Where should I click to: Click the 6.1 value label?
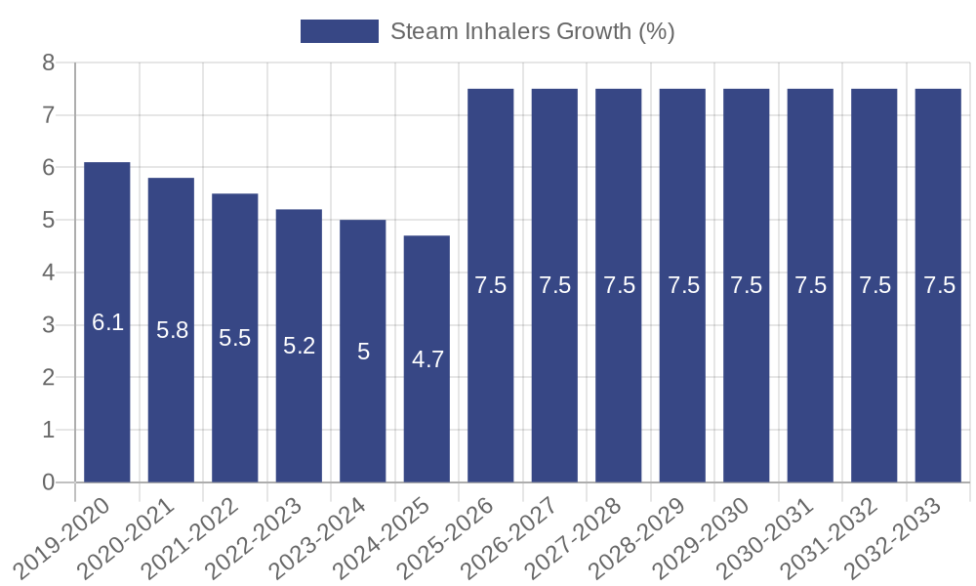107,322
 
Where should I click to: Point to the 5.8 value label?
172,330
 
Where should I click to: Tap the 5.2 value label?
300,346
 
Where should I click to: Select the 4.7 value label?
427,359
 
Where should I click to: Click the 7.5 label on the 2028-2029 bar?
683,285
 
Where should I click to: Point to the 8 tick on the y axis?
48,63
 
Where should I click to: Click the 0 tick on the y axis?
48,482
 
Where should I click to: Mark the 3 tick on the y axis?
48,325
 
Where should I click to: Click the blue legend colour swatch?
339,31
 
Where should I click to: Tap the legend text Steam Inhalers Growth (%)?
532,31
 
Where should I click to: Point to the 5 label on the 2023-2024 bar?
363,352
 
